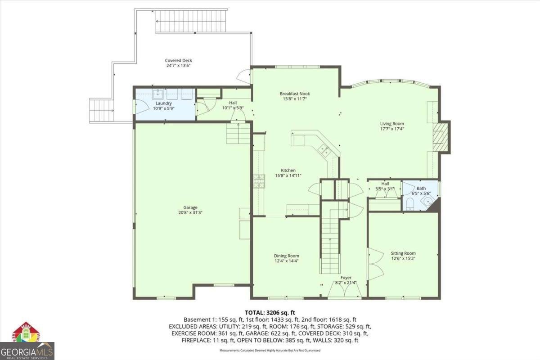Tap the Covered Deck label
pyautogui.click(x=179, y=60)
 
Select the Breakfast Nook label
pyautogui.click(x=295, y=94)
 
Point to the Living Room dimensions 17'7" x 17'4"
pyautogui.click(x=392, y=129)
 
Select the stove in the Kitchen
pyautogui.click(x=259, y=180)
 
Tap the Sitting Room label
pyautogui.click(x=403, y=253)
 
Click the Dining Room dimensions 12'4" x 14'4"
pyautogui.click(x=287, y=261)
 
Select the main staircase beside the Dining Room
pyautogui.click(x=330, y=243)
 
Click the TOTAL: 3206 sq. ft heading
pyautogui.click(x=270, y=312)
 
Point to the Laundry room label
pyautogui.click(x=164, y=103)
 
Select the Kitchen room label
pyautogui.click(x=288, y=170)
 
